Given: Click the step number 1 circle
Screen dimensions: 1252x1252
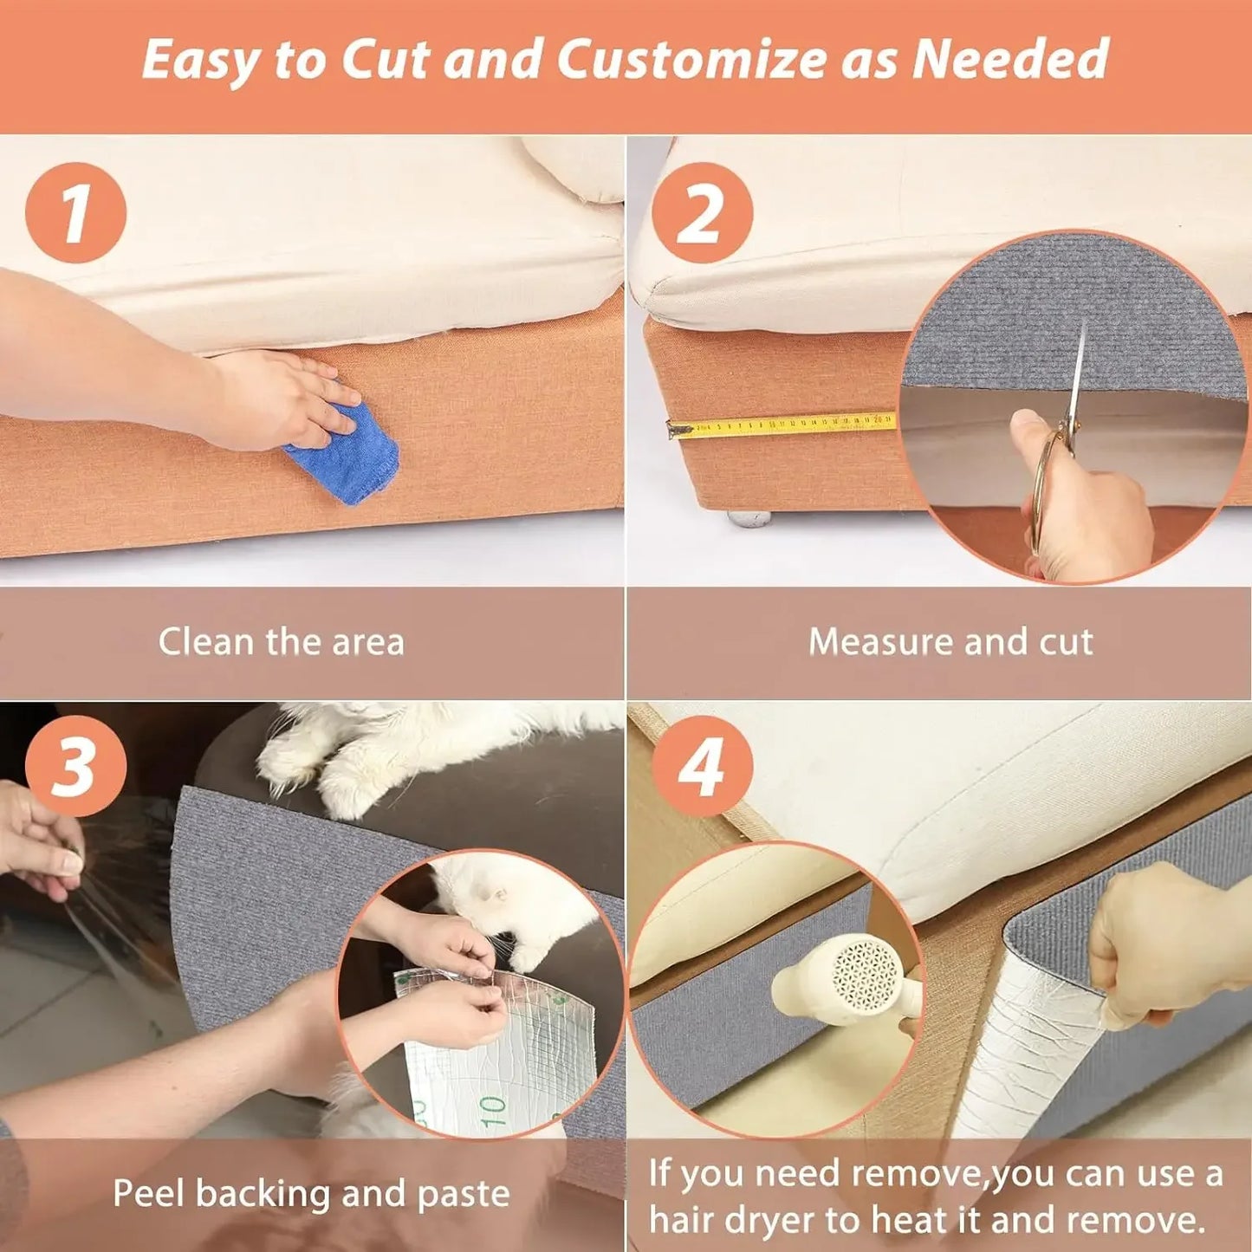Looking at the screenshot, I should [x=75, y=212].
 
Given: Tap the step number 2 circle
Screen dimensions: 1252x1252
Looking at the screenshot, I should [x=702, y=212].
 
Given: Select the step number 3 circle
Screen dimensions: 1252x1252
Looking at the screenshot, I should [x=75, y=766].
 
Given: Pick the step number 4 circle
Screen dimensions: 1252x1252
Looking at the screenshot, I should [x=702, y=766].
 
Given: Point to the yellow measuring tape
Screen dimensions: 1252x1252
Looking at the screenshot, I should [x=780, y=425].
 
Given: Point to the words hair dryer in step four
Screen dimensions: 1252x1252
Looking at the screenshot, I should [x=731, y=1220].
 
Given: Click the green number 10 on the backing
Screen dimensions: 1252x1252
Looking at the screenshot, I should [x=492, y=1108].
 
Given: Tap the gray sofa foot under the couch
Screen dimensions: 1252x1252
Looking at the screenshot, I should [x=749, y=518].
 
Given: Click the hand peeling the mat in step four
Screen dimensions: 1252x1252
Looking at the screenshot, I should [x=1161, y=944].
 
